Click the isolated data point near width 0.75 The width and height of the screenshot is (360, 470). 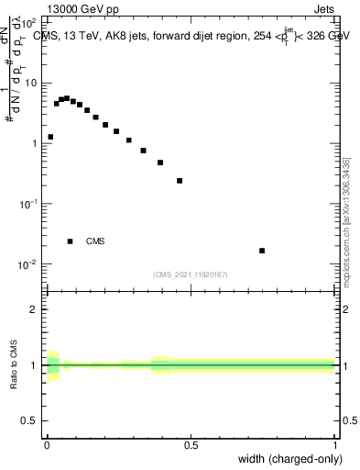pos(262,251)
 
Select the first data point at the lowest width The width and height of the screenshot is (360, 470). pos(50,137)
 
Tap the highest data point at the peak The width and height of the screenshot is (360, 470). pos(67,97)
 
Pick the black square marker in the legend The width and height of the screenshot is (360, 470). pos(70,241)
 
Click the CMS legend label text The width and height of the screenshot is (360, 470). pos(95,241)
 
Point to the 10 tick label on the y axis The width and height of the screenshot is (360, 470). pos(32,83)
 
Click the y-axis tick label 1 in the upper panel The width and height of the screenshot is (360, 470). pos(35,143)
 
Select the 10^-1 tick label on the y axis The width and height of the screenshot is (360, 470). pos(29,203)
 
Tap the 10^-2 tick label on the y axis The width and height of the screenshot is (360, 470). pos(29,263)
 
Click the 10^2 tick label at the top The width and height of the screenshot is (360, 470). pos(30,21)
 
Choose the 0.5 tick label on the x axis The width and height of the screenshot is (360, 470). pos(191,445)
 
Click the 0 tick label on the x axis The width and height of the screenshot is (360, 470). pos(47,445)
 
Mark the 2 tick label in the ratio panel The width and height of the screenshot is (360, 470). pos(35,309)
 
